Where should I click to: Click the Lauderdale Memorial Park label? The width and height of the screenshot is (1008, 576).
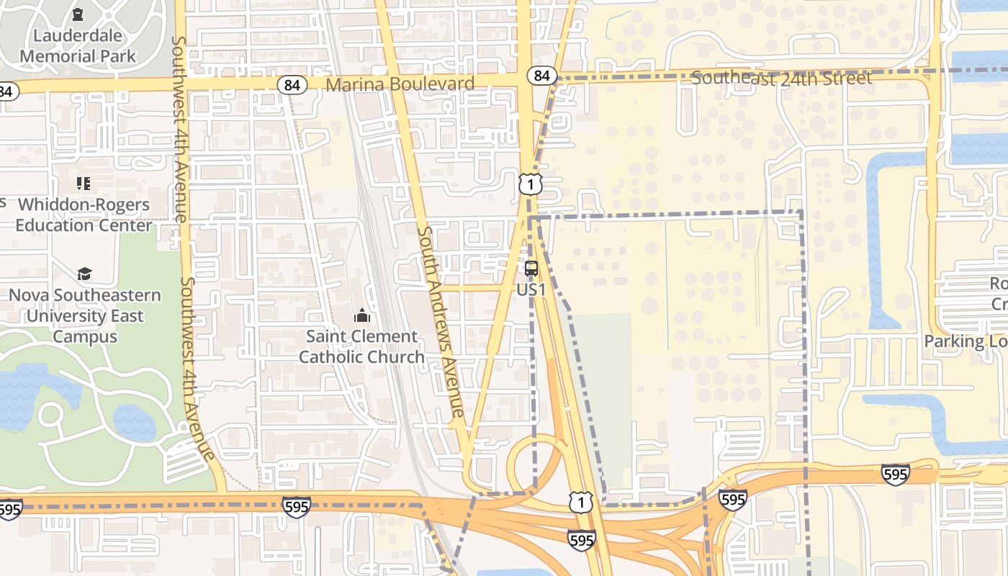point(78,45)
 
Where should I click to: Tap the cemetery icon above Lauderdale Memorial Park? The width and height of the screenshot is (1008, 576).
point(78,14)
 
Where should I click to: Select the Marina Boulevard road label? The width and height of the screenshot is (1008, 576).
point(400,84)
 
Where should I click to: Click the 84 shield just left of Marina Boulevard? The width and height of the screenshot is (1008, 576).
point(292,85)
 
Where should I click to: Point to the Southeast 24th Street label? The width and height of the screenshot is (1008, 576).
point(781,78)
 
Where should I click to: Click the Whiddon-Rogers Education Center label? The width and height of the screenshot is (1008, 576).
point(84,215)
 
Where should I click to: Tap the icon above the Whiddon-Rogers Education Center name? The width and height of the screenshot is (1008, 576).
point(84,184)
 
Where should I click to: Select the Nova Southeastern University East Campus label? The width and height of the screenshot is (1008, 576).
point(85,315)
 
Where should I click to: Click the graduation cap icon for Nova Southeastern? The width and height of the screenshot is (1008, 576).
point(84,274)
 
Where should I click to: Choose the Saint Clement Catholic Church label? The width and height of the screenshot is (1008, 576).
point(361,346)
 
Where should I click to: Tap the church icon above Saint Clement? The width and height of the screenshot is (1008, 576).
point(361,315)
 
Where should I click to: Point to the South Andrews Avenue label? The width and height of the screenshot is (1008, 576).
point(440,322)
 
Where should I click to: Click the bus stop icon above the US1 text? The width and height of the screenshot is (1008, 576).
point(531,269)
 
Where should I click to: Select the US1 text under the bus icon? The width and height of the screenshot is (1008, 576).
point(531,289)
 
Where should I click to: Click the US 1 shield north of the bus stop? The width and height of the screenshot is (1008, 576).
point(530,185)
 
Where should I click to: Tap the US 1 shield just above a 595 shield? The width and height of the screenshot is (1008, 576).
point(580,503)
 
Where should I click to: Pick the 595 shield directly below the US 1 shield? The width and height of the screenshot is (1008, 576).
point(581,539)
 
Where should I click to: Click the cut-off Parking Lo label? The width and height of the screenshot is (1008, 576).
point(965,341)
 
